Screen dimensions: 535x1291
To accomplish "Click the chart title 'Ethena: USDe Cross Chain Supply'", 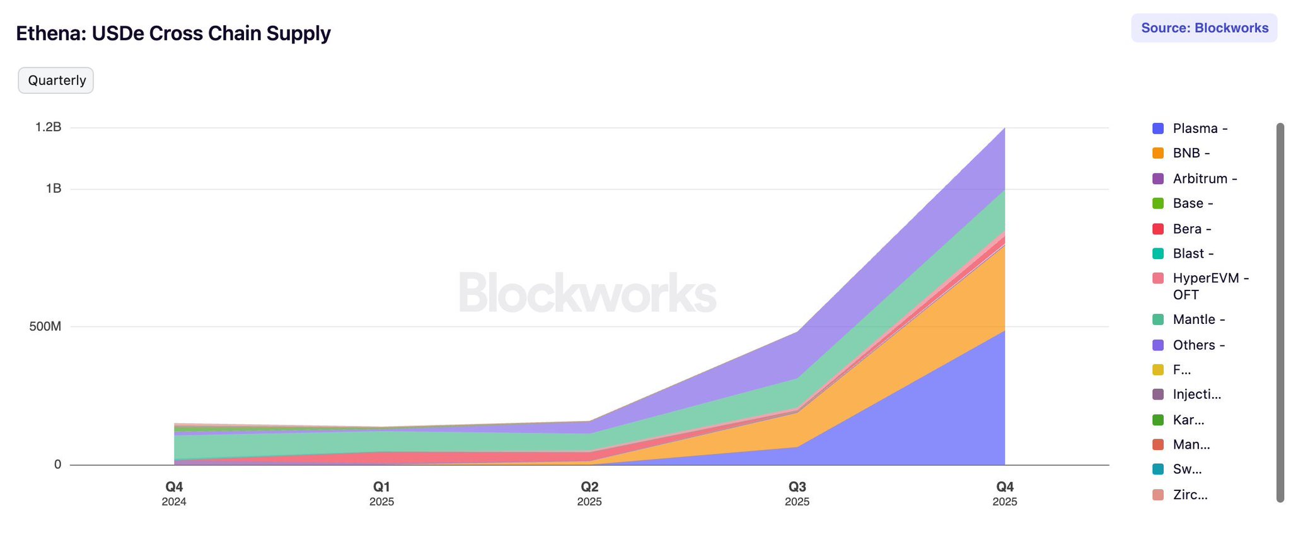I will (173, 33).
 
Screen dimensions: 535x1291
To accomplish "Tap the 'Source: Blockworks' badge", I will (1204, 28).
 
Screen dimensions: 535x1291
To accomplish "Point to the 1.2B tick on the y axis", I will (49, 127).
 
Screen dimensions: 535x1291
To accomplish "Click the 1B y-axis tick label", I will (54, 188).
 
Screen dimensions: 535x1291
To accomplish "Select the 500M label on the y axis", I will (45, 326).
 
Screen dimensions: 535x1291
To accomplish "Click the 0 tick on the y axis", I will (57, 464).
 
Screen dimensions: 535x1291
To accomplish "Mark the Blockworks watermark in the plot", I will (587, 293).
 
